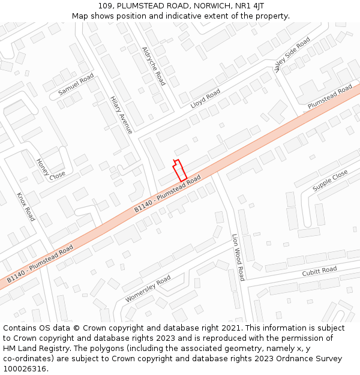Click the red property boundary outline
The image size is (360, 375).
180,170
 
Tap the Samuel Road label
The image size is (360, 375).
76,85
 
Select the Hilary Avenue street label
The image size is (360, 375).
121,115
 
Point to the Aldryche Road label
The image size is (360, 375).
153,66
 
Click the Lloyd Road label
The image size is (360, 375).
205,98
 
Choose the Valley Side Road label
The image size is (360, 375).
292,54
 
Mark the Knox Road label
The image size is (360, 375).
26,207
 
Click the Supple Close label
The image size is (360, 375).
330,181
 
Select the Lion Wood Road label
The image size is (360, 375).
238,257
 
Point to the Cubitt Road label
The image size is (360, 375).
319,271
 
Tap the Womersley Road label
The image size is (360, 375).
148,289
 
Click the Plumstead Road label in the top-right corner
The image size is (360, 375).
330,97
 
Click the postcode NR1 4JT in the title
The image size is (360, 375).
249,5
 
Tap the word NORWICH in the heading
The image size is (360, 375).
212,5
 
